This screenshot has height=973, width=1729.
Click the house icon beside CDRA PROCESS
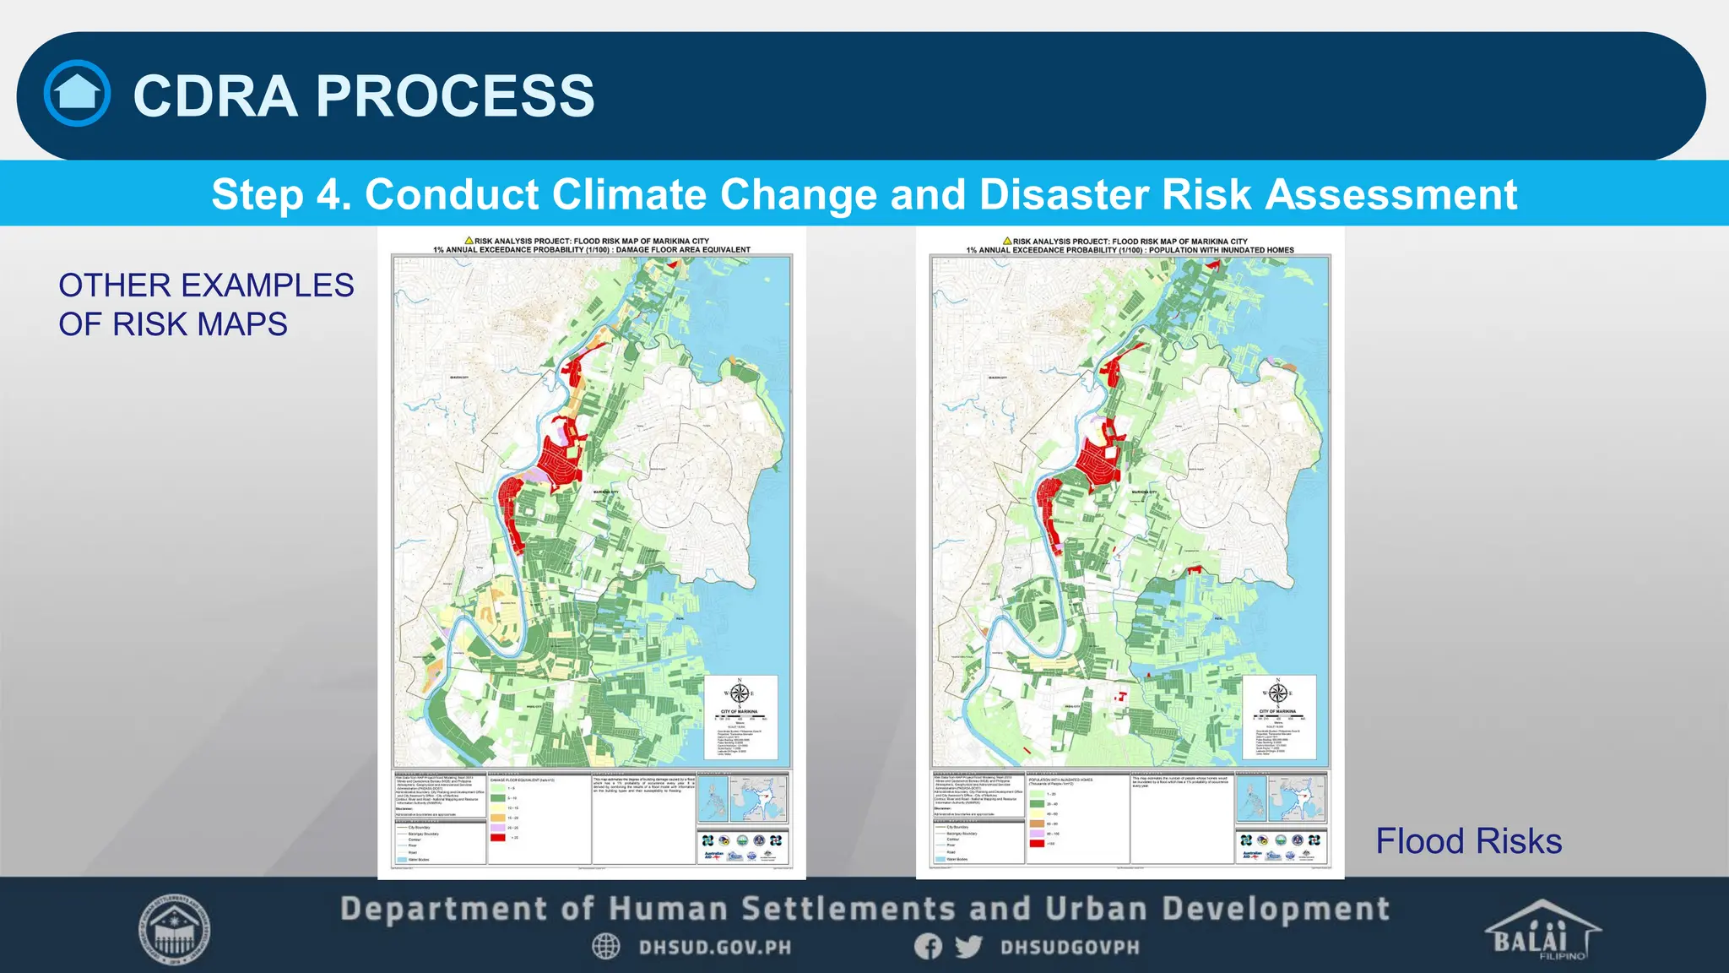click(x=77, y=94)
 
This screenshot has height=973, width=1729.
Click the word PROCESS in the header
click(x=455, y=95)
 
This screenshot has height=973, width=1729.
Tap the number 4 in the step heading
click(x=328, y=194)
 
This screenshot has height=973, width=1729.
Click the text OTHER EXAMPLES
click(x=206, y=285)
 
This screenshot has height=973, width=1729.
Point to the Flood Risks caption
click(x=1468, y=841)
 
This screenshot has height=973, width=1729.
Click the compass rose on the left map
click(x=740, y=693)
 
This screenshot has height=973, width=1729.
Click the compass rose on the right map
click(x=1278, y=693)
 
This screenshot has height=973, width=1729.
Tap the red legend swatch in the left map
click(x=497, y=837)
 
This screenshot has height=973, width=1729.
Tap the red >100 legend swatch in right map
click(x=1036, y=843)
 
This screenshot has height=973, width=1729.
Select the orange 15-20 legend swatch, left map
click(x=497, y=818)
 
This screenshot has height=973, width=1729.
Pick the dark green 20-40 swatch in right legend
click(x=1036, y=804)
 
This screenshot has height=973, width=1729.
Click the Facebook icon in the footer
click(x=928, y=947)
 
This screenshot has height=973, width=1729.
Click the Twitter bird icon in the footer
click(x=968, y=947)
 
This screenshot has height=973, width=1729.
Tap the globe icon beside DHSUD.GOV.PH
click(x=605, y=947)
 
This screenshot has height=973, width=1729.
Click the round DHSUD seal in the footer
click(x=175, y=931)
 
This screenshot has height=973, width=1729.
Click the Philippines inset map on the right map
click(x=1250, y=799)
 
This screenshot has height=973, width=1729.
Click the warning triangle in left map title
click(x=469, y=241)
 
